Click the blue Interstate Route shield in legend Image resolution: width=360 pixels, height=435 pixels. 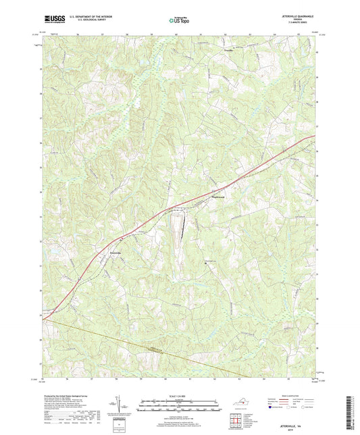pyautogui.click(x=269, y=408)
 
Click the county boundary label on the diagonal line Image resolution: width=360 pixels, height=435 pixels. pyautogui.click(x=156, y=349)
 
